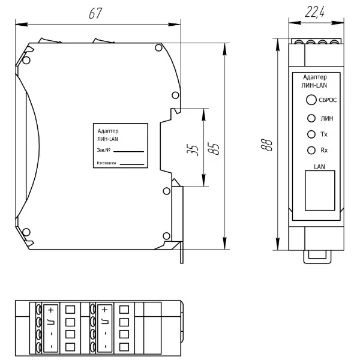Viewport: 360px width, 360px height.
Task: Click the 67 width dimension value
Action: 95,13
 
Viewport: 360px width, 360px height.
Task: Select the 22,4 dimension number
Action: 315,12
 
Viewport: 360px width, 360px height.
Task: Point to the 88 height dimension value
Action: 266,145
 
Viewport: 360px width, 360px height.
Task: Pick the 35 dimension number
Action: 193,150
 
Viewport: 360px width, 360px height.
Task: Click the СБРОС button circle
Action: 311,100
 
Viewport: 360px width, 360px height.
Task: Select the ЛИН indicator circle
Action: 311,118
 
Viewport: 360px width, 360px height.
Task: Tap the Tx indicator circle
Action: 311,134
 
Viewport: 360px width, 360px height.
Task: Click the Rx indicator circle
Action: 311,151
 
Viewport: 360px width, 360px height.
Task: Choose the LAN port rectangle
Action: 320,190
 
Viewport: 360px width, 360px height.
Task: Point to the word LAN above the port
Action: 319,167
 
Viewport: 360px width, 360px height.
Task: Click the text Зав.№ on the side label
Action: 104,150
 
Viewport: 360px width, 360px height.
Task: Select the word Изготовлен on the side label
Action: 107,163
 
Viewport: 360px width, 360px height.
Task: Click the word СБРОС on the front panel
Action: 328,100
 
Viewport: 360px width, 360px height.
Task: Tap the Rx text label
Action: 324,151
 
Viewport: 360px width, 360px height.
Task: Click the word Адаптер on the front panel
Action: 315,77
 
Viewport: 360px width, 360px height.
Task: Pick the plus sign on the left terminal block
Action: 51,310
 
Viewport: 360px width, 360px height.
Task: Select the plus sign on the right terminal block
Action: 104,310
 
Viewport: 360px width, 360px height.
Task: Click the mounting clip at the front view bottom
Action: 317,257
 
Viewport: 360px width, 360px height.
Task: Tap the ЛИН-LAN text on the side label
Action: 107,139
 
